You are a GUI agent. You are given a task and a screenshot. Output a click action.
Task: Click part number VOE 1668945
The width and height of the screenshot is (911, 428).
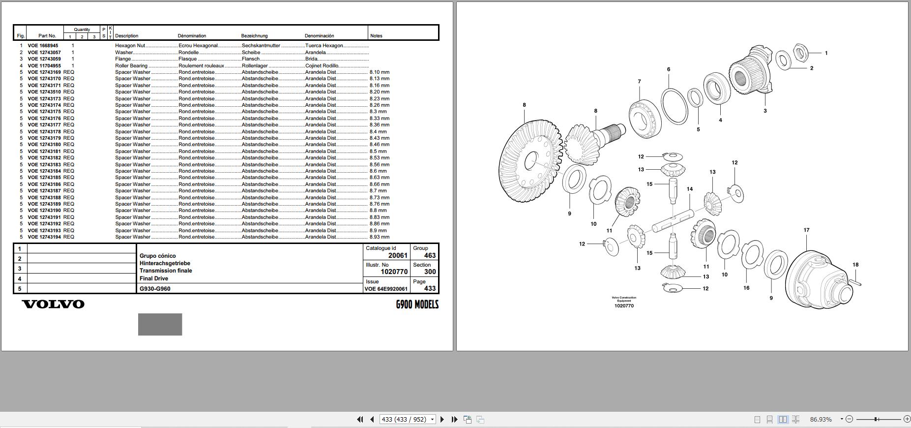point(43,46)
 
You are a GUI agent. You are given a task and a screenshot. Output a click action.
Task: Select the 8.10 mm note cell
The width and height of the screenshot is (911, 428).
point(379,72)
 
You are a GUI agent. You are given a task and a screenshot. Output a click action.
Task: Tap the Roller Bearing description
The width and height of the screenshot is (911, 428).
point(131,66)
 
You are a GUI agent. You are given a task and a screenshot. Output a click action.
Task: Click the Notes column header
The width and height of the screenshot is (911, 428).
point(376,36)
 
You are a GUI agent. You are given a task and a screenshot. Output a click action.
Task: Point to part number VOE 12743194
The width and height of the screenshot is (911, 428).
point(44,237)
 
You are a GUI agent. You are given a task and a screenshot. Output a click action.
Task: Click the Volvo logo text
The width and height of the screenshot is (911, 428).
point(53,304)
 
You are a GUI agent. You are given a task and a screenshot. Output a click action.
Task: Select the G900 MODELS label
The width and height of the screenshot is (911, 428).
point(417,305)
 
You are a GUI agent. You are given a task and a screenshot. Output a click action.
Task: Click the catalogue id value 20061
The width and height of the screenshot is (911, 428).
point(398,255)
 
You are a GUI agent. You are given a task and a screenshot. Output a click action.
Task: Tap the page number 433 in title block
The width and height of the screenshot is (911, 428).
point(430,289)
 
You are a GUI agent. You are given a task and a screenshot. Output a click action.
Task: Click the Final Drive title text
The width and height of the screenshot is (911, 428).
point(154,278)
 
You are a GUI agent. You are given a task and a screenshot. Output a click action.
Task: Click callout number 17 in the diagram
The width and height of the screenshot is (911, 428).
point(806,230)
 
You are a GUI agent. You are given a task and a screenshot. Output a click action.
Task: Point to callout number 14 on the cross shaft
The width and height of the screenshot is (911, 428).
point(690,189)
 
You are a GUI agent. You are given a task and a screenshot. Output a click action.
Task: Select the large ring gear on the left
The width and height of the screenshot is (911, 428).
point(529,162)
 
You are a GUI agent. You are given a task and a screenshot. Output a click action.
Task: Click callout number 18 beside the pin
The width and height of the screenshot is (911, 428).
point(855,265)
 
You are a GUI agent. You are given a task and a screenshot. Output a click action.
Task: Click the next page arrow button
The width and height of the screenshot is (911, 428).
point(442,420)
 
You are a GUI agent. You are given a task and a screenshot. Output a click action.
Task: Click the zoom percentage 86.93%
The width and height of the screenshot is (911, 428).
point(821,420)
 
